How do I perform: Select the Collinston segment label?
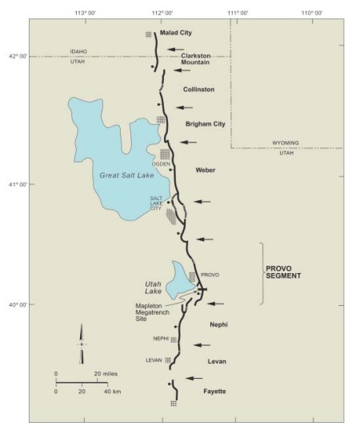199,90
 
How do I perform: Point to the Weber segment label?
206,170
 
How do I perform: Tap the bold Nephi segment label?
219,325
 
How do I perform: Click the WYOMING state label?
285,143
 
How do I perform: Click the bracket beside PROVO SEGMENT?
262,274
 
